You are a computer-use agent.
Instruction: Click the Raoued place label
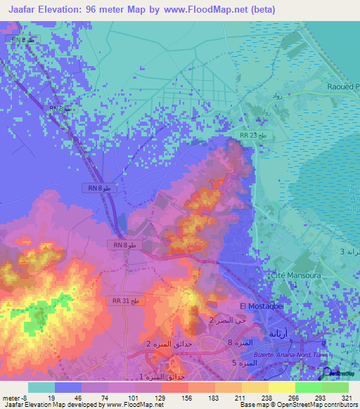pyautogui.click(x=338, y=86)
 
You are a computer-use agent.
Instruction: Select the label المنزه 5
pyautogui.click(x=243, y=363)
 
